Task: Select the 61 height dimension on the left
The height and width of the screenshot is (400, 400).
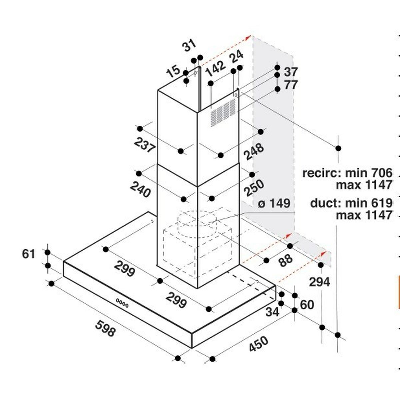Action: [x=29, y=254]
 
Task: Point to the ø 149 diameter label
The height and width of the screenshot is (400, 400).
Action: [x=274, y=203]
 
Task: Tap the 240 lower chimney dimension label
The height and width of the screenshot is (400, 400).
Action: [x=140, y=189]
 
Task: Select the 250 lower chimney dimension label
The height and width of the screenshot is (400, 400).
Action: [x=254, y=188]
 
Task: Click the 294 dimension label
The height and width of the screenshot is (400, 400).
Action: [x=319, y=282]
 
